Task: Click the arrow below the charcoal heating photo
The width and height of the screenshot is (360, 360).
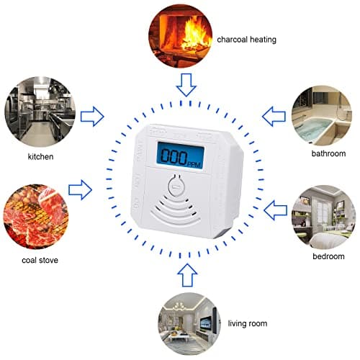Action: (186, 84)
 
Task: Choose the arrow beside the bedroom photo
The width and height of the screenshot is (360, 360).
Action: (276, 210)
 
